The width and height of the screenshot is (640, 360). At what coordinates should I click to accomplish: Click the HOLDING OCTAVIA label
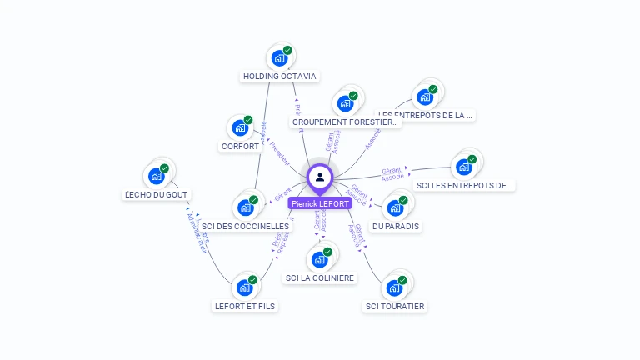coord(279,77)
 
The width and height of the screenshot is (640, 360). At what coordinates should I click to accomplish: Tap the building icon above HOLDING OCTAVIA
coord(279,58)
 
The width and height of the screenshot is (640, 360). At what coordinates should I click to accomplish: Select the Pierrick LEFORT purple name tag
coord(320,203)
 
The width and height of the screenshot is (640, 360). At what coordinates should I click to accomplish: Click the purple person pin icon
coord(320,177)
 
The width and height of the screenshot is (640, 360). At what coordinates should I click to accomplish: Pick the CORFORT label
coord(241,147)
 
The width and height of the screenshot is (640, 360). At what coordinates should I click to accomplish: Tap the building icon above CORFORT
coord(240,128)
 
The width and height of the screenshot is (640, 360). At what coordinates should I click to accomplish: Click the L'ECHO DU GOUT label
coord(157,195)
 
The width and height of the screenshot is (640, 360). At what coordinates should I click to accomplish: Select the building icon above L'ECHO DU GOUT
coord(156,176)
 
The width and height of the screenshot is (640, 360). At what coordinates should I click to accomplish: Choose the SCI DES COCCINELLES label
coord(246,226)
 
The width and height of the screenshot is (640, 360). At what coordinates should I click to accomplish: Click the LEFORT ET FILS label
coord(245,306)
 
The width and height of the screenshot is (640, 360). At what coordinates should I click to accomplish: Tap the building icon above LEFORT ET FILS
coord(245,287)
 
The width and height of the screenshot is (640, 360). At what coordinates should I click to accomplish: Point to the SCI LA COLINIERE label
coord(319,278)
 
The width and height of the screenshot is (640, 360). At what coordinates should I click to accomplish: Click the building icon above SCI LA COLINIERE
coord(319,259)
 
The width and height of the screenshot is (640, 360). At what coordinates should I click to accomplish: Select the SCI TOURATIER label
coord(395,307)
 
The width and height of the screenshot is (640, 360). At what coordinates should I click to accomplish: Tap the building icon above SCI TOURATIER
coord(394,287)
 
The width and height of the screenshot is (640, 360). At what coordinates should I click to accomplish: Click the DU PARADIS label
coord(396,227)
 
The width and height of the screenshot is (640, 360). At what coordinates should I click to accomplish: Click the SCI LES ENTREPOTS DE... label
coord(464,186)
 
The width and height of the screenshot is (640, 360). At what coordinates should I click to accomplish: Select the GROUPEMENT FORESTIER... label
coord(346,122)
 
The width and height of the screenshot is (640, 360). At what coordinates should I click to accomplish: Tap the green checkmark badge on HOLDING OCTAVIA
coord(287,51)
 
